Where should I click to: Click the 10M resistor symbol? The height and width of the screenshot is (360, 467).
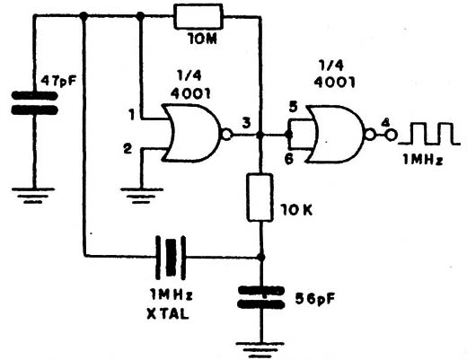tap(198, 16)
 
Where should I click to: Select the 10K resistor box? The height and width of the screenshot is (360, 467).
tap(260, 198)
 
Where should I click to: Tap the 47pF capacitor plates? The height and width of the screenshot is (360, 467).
tap(34, 103)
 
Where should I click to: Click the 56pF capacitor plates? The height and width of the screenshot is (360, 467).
tap(261, 297)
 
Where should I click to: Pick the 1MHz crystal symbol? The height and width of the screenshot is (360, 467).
tap(171, 258)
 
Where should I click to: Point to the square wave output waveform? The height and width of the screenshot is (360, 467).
tap(428, 134)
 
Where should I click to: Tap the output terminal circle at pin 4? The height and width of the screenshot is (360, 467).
tap(391, 136)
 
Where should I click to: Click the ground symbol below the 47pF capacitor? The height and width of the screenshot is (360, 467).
tap(33, 196)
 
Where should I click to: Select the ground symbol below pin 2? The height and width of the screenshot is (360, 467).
tap(142, 196)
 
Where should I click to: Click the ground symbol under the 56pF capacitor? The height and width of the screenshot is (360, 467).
tap(260, 349)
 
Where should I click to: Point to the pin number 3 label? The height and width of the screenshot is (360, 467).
tap(246, 123)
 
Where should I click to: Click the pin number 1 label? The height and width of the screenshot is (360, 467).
tap(131, 115)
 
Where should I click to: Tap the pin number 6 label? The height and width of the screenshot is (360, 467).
tap(289, 159)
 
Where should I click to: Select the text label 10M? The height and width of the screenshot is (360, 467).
tap(202, 39)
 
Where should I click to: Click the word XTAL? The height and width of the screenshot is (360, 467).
tap(168, 314)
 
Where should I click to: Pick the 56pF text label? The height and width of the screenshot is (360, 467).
tap(314, 299)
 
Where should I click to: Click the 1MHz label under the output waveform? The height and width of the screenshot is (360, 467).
tap(423, 160)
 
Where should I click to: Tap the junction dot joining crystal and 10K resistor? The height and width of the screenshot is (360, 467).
tap(261, 257)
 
